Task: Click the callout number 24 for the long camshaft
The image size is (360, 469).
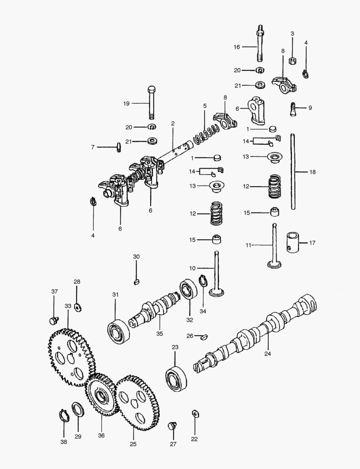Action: [268, 353]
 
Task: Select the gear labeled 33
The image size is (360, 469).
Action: [69, 356]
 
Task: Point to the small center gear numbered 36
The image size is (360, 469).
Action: [102, 396]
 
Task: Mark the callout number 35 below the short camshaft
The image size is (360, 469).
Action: [159, 334]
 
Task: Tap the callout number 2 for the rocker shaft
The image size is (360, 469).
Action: [173, 124]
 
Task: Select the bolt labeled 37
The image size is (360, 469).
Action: [53, 321]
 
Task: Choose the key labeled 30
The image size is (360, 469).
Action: [136, 281]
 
